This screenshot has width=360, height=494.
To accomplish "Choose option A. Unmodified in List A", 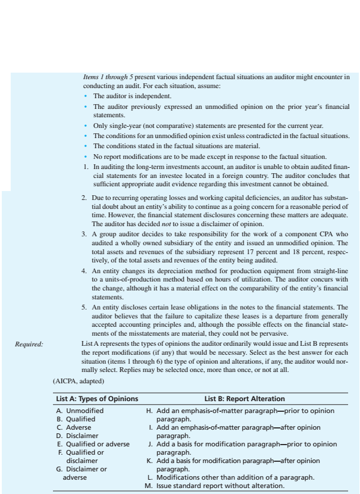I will click(x=80, y=411).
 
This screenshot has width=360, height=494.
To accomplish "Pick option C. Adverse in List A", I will click(x=76, y=427).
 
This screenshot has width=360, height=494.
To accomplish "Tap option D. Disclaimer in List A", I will click(x=79, y=435).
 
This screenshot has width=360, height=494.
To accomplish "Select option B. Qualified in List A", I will click(x=77, y=419).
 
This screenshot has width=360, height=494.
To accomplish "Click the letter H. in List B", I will click(x=148, y=411).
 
